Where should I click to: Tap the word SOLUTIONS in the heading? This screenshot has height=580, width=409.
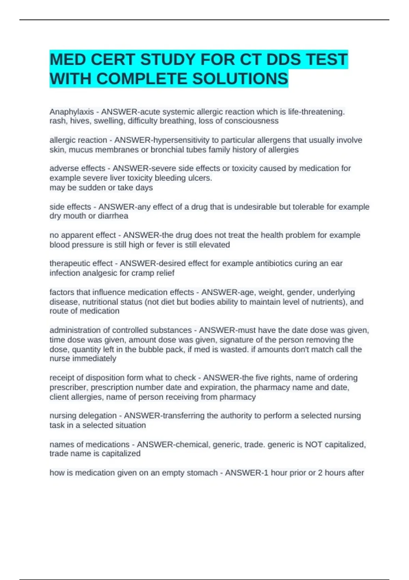[x=240, y=79]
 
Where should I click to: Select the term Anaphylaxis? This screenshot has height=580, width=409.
[x=72, y=112]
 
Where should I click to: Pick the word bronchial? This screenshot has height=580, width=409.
[x=167, y=150]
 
